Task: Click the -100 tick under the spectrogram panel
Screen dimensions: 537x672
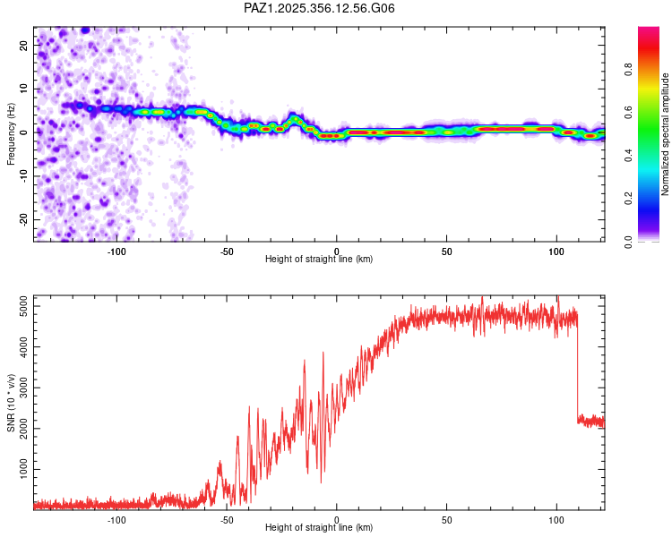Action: (x=117, y=251)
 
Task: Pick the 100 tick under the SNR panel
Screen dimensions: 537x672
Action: (x=556, y=520)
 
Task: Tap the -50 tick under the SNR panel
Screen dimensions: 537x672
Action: (x=227, y=520)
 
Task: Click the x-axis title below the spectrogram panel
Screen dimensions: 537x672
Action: (x=319, y=260)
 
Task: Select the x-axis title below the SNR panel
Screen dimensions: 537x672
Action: (x=319, y=528)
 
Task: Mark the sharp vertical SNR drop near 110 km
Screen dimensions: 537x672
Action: (x=577, y=367)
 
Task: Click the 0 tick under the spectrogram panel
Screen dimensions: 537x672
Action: (x=337, y=251)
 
